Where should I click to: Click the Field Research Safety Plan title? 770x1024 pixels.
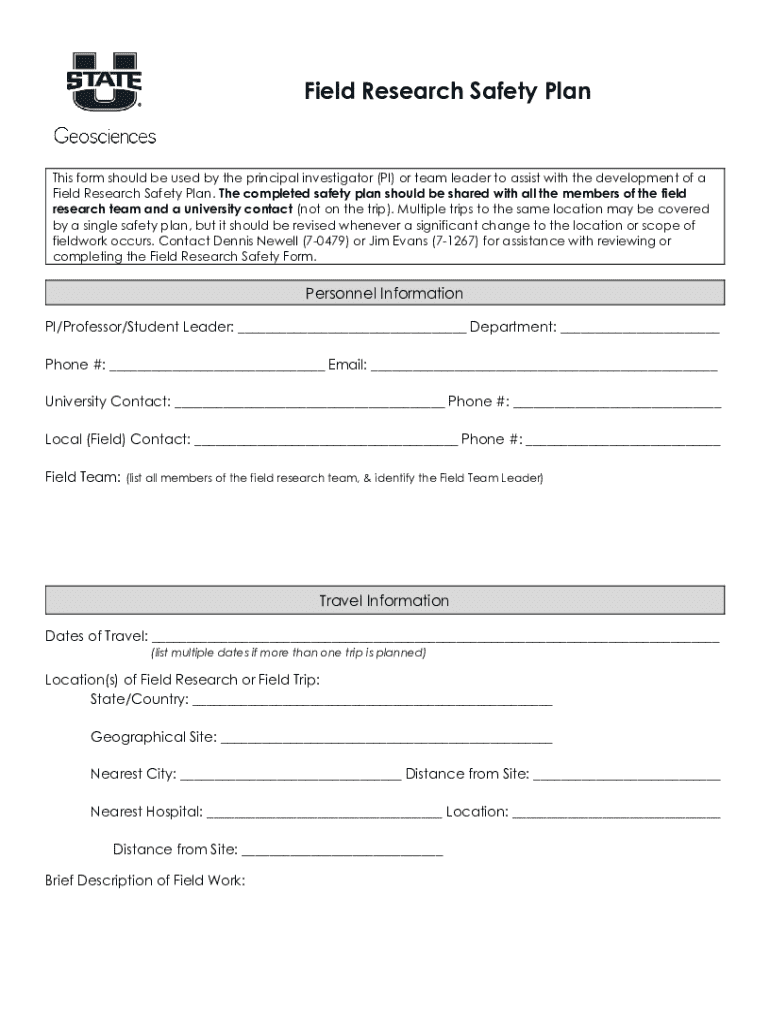pos(447,92)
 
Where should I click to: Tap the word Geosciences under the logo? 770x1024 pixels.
pos(104,136)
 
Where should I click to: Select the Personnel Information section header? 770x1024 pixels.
pos(384,293)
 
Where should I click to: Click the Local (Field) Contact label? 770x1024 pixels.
pos(117,439)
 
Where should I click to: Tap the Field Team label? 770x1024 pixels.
pos(82,477)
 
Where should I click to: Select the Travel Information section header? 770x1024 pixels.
pos(384,600)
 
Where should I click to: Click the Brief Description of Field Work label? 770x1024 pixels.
pos(145,881)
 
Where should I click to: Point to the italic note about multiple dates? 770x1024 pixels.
pos(288,653)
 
